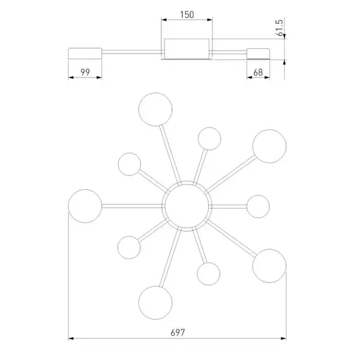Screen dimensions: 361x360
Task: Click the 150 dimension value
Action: (x=187, y=14)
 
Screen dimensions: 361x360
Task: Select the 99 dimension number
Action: (x=85, y=72)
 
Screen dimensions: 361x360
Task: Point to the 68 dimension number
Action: (x=258, y=73)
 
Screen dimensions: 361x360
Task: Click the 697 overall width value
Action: (x=177, y=332)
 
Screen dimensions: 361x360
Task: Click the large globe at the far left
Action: (x=85, y=206)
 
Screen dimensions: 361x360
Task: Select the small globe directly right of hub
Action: (x=258, y=206)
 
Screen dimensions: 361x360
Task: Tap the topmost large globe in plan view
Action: (x=155, y=109)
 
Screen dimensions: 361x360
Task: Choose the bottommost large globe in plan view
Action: (x=155, y=303)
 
